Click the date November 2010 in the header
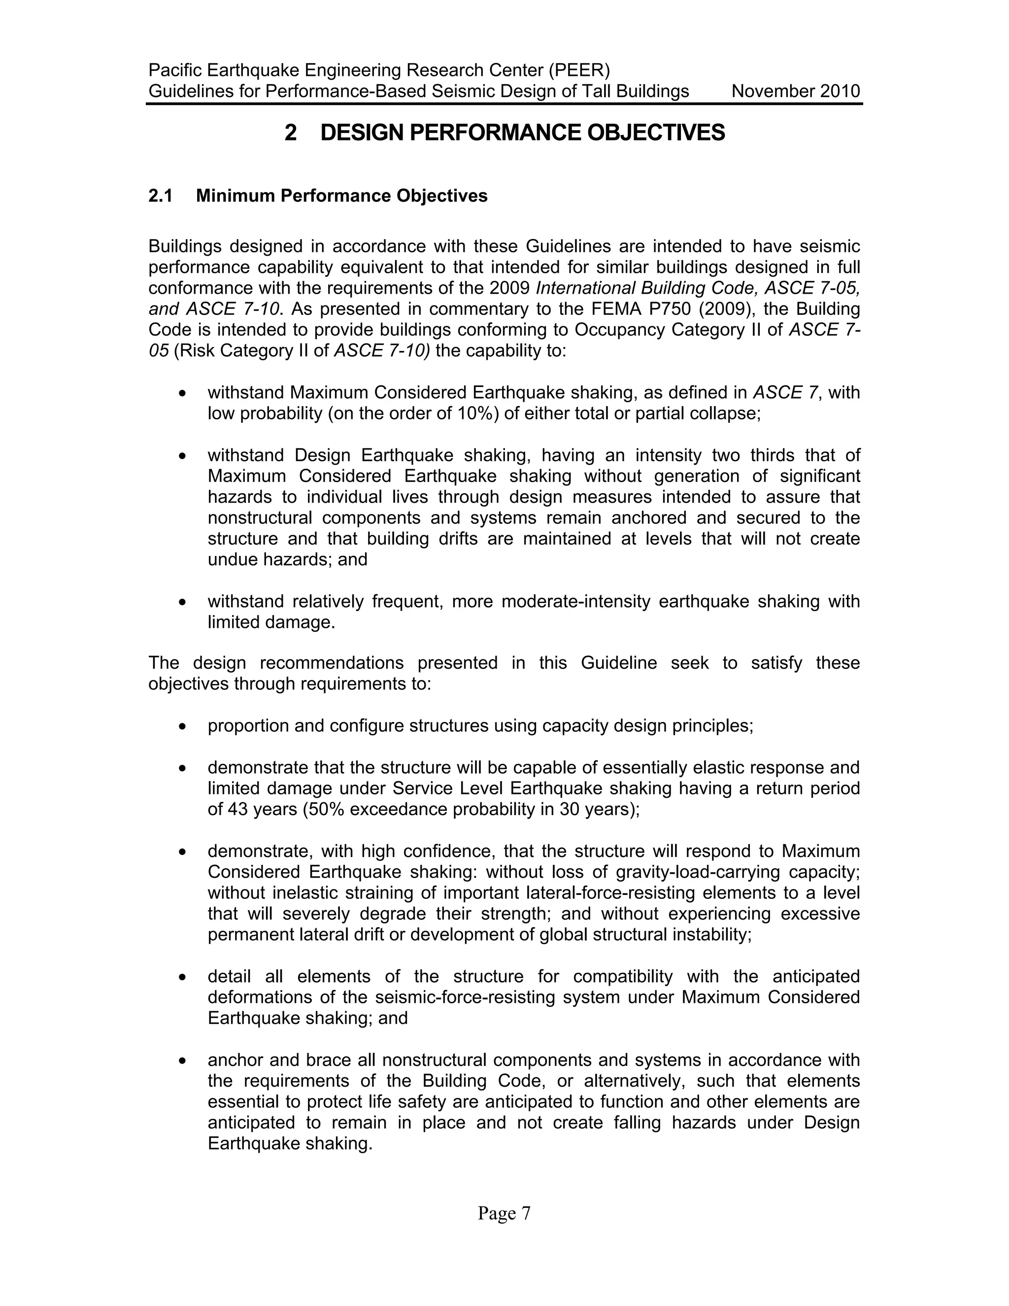tap(795, 92)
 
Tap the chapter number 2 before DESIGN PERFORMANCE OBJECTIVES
tap(291, 133)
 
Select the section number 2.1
tap(160, 196)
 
